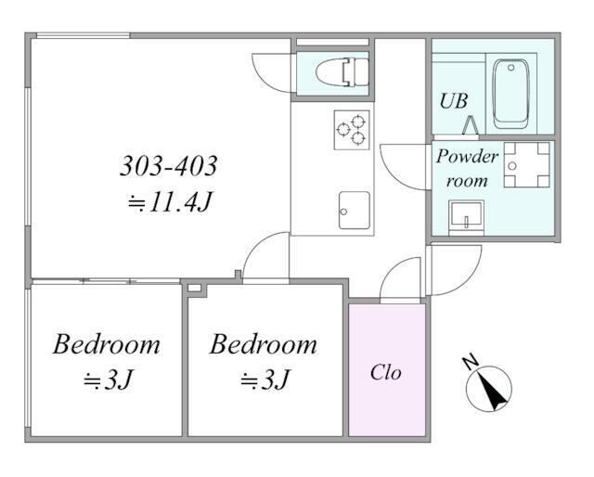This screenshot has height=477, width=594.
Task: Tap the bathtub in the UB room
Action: (511, 93)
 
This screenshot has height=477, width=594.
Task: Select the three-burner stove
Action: (352, 130)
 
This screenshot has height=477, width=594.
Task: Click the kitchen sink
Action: (355, 211)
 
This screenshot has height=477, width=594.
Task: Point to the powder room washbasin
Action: (466, 218)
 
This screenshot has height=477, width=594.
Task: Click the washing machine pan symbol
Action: (526, 165)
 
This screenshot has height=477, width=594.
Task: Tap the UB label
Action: (454, 101)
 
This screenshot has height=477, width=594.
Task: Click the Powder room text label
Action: (467, 168)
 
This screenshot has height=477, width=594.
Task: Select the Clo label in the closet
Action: (386, 372)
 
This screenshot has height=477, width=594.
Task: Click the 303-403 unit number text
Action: (169, 165)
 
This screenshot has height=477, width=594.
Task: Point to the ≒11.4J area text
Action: (169, 201)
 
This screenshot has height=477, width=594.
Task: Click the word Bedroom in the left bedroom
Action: (107, 344)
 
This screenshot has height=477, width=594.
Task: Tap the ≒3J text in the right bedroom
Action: (265, 380)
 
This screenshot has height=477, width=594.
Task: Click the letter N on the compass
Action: (471, 362)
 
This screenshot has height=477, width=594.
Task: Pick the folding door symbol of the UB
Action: (470, 124)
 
